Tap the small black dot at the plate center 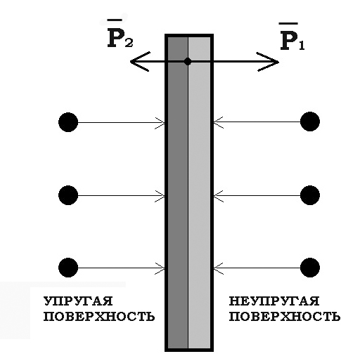pyautogui.click(x=188, y=62)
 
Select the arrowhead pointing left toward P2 pyautogui.click(x=140, y=62)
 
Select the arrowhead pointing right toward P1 pyautogui.click(x=268, y=62)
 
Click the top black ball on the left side pyautogui.click(x=68, y=122)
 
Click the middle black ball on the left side pyautogui.click(x=68, y=195)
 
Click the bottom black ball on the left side pyautogui.click(x=68, y=268)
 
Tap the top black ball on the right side pyautogui.click(x=310, y=122)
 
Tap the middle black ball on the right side pyautogui.click(x=310, y=195)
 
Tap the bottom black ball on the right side pyautogui.click(x=310, y=268)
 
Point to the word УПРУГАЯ pyautogui.click(x=78, y=301)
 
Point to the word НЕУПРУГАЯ pyautogui.click(x=274, y=301)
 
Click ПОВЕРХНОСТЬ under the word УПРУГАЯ pyautogui.click(x=99, y=317)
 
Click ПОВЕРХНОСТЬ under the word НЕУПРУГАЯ pyautogui.click(x=285, y=317)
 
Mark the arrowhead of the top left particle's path pyautogui.click(x=160, y=122)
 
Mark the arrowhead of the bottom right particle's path pyautogui.click(x=219, y=268)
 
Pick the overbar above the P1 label pyautogui.click(x=288, y=23)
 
